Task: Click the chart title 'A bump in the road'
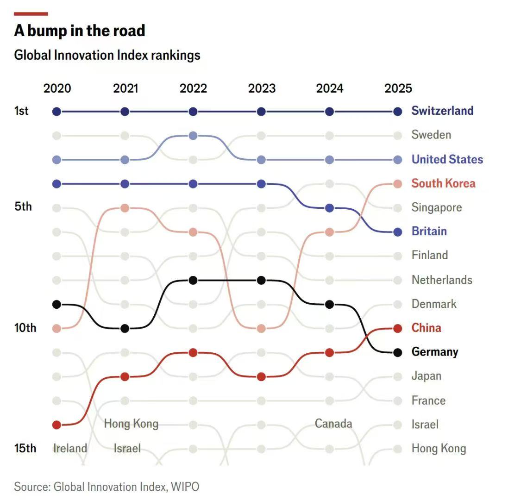[x=80, y=31]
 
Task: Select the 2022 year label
[x=193, y=88]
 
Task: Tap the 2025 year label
[x=398, y=88]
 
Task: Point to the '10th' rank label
[x=25, y=328]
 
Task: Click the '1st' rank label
[x=21, y=111]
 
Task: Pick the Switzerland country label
[x=442, y=111]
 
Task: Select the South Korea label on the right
[x=443, y=183]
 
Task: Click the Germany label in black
[x=434, y=352]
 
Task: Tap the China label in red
[x=426, y=328]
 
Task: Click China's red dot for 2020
[x=56, y=425]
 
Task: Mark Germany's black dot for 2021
[x=125, y=328]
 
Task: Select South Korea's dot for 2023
[x=261, y=328]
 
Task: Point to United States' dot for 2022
[x=193, y=136]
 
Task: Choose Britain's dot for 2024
[x=329, y=208]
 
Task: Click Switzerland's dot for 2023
[x=261, y=112]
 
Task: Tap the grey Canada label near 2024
[x=333, y=423]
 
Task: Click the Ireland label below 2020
[x=70, y=448]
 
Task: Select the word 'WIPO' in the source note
[x=185, y=487]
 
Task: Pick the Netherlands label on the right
[x=442, y=280]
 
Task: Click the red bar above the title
[x=31, y=14]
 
